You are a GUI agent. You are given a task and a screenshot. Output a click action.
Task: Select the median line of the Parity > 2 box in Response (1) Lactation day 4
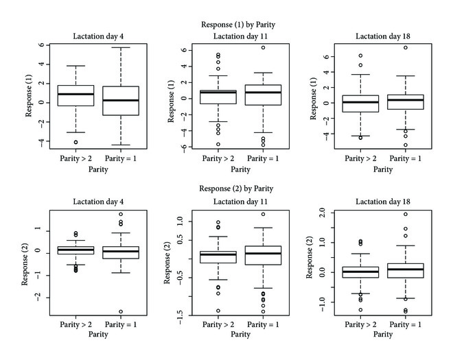point(75,94)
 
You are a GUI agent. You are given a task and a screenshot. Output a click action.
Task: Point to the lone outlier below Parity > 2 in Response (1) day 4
point(75,142)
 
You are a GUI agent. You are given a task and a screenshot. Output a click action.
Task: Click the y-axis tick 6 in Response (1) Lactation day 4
point(41,45)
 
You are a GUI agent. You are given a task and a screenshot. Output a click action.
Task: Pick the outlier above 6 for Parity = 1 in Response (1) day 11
point(263,47)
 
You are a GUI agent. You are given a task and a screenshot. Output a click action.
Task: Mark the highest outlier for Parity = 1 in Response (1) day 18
point(405,48)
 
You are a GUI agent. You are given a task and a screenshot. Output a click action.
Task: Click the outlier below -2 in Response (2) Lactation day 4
point(120,312)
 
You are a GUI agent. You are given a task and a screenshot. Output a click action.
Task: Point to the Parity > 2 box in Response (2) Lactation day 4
point(75,250)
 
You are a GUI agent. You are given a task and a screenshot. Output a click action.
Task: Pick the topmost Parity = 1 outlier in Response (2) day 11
point(263,214)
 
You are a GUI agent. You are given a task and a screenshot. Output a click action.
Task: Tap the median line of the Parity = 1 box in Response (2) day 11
point(263,253)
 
